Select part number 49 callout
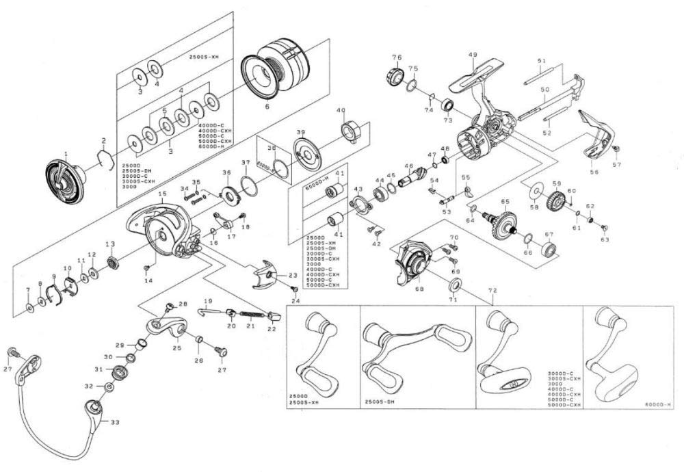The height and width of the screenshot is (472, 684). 472,55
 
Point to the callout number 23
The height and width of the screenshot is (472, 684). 293,275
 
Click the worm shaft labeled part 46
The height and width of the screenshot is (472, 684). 410,179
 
